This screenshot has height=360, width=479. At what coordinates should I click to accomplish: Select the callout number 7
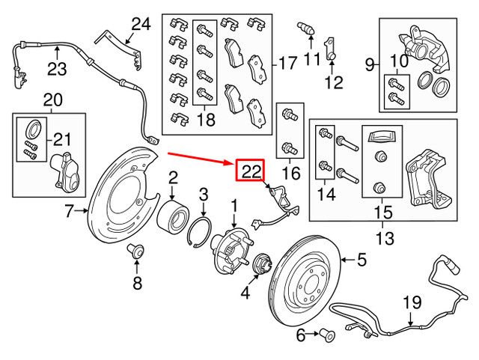pos(69,213)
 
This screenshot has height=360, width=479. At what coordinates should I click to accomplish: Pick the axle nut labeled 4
pos(263,265)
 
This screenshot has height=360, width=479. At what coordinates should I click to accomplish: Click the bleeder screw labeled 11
pos(305,28)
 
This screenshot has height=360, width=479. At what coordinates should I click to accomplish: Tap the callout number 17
pos(288,63)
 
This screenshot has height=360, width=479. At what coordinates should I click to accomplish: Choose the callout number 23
pos(57,70)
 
